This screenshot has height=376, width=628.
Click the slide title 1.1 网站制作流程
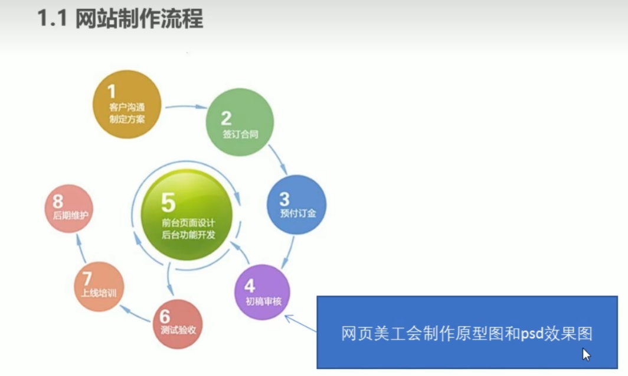tap(120, 19)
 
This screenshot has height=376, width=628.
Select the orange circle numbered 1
tap(127, 104)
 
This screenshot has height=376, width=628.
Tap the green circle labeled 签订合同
tap(240, 122)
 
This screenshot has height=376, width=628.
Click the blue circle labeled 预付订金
tap(297, 205)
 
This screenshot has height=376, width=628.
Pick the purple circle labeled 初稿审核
tap(262, 292)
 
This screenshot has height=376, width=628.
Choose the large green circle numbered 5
tap(187, 215)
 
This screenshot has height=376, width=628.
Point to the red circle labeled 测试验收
tap(178, 324)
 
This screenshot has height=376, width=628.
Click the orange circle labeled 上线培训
tap(99, 287)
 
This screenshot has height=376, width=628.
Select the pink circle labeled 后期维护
tap(69, 209)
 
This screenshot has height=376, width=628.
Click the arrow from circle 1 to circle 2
tap(186, 107)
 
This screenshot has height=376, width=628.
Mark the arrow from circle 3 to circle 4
tap(288, 252)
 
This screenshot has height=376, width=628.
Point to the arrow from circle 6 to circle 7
tap(135, 314)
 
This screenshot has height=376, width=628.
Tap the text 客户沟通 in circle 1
tap(127, 107)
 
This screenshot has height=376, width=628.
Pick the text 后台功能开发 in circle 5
tap(188, 234)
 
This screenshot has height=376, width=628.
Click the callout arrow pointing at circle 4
tap(300, 323)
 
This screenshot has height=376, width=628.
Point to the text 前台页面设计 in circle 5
tap(188, 223)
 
